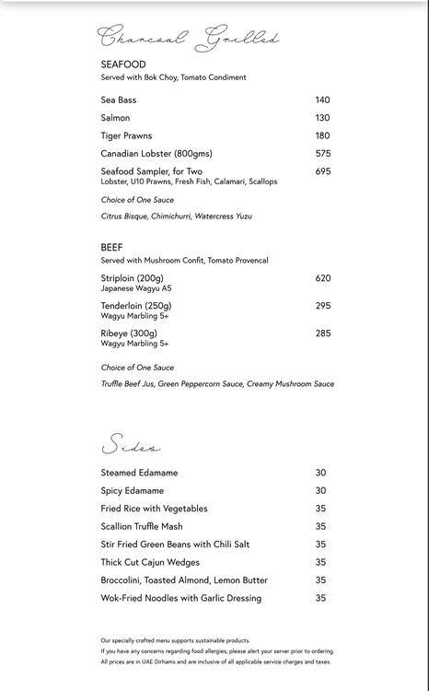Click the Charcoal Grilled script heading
point(188,39)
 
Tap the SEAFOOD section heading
point(123,64)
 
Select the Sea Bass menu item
point(119,100)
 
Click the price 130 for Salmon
point(322,118)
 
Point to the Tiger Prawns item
point(126,135)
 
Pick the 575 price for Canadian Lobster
point(322,154)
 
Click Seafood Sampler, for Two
point(151,171)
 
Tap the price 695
point(322,171)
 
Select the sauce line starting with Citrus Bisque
point(176,217)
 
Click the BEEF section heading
point(111,248)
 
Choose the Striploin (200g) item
point(132,278)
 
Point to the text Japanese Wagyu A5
point(136,288)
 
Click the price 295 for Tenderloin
point(322,306)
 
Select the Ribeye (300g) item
point(129,334)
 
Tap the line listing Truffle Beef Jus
point(217,384)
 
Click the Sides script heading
point(131,447)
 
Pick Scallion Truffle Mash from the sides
point(142,527)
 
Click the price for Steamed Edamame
point(320,473)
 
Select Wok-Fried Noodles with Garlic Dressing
point(180,598)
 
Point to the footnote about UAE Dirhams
point(215,662)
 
